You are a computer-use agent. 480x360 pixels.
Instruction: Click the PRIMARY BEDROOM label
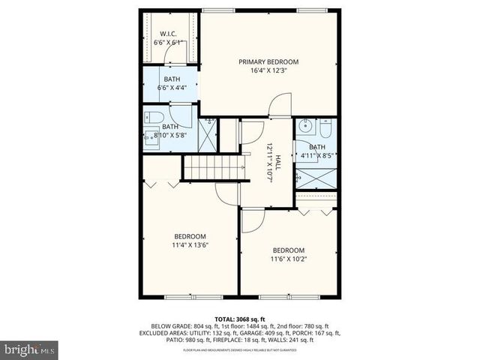point(268,61)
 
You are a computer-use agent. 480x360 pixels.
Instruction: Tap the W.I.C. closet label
point(167,34)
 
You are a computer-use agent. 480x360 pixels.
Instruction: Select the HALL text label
point(277,163)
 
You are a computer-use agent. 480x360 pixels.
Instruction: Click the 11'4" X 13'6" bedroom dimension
point(190,244)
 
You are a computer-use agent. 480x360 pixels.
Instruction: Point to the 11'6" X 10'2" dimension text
point(288,259)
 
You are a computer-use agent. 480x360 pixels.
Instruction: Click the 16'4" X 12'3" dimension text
point(268,71)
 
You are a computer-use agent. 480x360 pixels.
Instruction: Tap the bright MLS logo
point(29,349)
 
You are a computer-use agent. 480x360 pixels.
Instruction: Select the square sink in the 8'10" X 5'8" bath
point(150,138)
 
